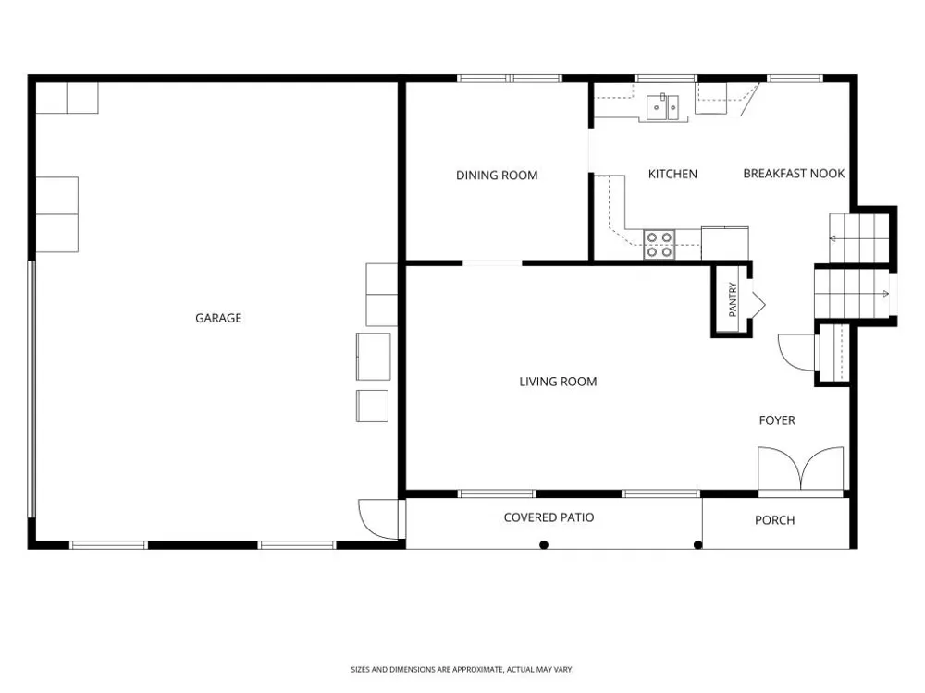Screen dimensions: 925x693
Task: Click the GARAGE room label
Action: pyautogui.click(x=218, y=318)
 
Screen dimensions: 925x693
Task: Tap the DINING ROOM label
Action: pyautogui.click(x=497, y=175)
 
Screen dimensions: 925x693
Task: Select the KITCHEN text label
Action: pyautogui.click(x=672, y=174)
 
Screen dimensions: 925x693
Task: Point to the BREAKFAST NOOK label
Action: pyautogui.click(x=794, y=174)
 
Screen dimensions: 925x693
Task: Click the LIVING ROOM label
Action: pyautogui.click(x=558, y=382)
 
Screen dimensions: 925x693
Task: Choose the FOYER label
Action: pyautogui.click(x=777, y=420)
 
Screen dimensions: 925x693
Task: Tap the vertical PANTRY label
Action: pyautogui.click(x=733, y=299)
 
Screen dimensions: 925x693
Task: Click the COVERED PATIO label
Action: pyautogui.click(x=549, y=517)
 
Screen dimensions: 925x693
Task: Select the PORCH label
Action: pyautogui.click(x=774, y=520)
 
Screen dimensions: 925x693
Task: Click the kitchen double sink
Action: pyautogui.click(x=663, y=107)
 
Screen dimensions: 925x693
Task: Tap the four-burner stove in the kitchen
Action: pyautogui.click(x=660, y=245)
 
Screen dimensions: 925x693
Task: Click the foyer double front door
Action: pyautogui.click(x=800, y=468)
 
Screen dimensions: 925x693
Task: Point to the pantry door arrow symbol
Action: pyautogui.click(x=758, y=305)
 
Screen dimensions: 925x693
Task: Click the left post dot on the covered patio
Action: pyautogui.click(x=544, y=544)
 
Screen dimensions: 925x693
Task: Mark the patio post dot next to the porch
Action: pyautogui.click(x=697, y=544)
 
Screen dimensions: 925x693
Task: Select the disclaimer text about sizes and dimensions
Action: pyautogui.click(x=462, y=669)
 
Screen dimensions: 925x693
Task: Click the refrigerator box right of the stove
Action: pyautogui.click(x=725, y=243)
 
